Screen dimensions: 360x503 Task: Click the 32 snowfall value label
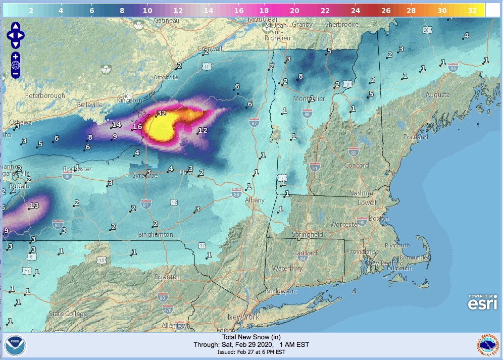click(162, 114)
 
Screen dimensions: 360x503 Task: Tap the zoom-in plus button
click(16, 56)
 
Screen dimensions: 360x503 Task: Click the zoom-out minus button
click(16, 74)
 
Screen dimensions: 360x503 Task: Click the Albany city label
click(255, 200)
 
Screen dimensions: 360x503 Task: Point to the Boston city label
click(379, 219)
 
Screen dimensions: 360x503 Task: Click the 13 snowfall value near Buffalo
click(34, 205)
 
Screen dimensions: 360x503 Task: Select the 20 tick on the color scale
click(294, 10)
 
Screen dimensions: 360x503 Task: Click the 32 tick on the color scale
click(472, 10)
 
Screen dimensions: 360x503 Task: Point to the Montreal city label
click(262, 19)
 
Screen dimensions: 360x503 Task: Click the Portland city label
click(415, 137)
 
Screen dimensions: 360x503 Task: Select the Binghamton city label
click(156, 235)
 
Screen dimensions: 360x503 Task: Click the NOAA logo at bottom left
click(15, 346)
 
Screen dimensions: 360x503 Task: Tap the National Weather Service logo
click(487, 346)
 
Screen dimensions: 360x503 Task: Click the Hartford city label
click(305, 253)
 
